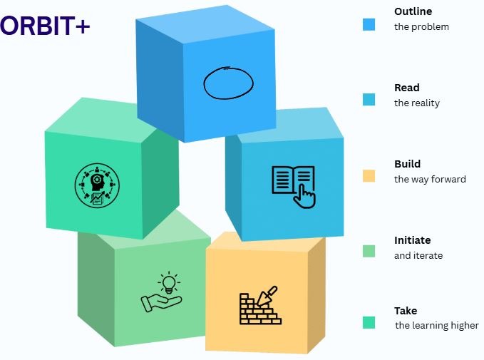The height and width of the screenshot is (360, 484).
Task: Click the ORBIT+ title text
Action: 45,26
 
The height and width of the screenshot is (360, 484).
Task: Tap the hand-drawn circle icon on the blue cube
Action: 227,83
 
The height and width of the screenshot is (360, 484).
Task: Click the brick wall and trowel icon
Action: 259,306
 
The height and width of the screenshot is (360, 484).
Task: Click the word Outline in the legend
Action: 413,11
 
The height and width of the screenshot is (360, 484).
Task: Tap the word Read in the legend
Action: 406,88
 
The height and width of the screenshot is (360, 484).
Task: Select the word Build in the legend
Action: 407,164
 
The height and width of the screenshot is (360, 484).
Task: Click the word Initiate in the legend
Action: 412,240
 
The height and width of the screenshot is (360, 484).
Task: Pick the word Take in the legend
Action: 405,311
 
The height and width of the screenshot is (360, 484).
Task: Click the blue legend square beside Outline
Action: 369,24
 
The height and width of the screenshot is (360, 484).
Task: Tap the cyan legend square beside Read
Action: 369,100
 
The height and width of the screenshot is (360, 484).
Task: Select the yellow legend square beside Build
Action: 369,175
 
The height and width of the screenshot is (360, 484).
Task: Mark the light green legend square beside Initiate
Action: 369,250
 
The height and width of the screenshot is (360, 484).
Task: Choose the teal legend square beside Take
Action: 369,322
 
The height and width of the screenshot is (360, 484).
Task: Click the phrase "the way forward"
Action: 430,179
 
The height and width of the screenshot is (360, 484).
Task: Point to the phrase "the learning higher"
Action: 437,326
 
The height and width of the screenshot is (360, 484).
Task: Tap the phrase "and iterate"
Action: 418,255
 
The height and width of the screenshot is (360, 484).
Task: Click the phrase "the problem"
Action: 421,27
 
